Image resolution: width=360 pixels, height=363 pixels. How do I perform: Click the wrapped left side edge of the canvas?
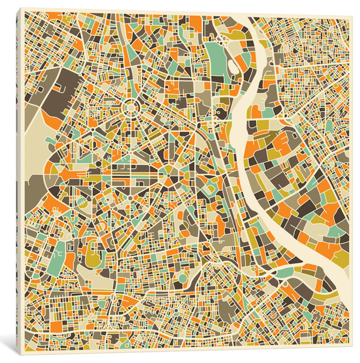click(19, 181)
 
